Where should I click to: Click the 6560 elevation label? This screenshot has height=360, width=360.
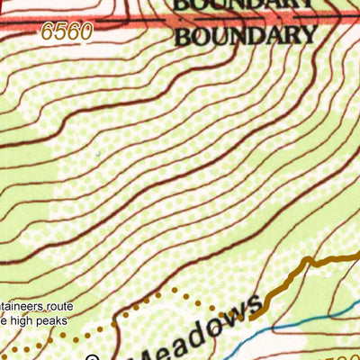67,32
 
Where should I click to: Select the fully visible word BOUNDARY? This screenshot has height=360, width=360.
246,37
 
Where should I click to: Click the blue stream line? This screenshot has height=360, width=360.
297,321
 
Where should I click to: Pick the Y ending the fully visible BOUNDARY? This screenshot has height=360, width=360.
309,37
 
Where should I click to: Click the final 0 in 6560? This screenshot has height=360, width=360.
85,32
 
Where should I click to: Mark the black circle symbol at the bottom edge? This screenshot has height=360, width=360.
92,357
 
